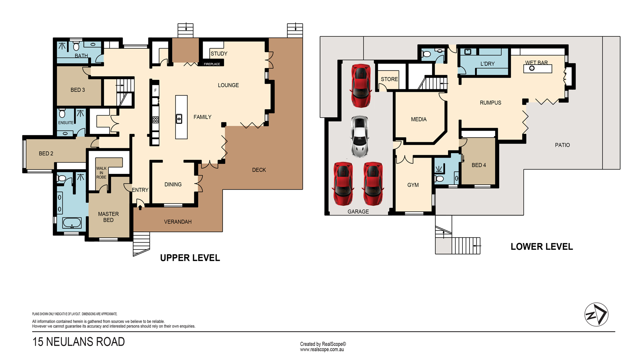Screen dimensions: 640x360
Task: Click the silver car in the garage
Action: tap(359, 136)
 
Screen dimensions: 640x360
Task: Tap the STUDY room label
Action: tap(219, 54)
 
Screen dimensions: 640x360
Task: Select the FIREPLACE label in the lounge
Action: tap(212, 64)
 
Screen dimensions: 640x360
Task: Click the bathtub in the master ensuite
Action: tap(72, 223)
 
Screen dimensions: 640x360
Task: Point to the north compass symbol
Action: tap(596, 314)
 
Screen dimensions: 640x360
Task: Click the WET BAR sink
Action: tap(532, 68)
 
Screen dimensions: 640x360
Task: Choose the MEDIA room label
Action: tap(419, 119)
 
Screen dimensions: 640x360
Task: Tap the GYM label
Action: tap(413, 185)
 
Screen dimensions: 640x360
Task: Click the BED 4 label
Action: tap(479, 165)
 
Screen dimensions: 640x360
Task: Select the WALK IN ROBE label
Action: tap(101, 173)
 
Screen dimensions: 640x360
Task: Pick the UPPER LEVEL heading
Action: tap(190, 258)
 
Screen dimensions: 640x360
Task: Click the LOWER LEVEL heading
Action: tap(542, 247)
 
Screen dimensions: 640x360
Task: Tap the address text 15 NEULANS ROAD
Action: tap(79, 342)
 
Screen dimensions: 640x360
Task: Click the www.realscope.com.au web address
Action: tap(322, 350)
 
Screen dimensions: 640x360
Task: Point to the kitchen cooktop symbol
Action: tap(156, 120)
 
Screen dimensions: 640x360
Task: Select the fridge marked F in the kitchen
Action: tap(156, 90)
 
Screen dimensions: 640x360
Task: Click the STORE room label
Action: tap(389, 79)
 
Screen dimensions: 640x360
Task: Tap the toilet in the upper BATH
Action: tap(76, 46)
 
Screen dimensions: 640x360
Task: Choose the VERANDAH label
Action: tap(178, 222)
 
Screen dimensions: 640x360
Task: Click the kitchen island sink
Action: tap(179, 118)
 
